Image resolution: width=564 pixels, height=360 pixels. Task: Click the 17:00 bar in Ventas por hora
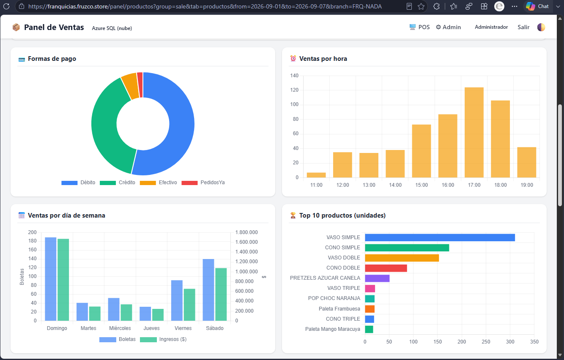point(474,132)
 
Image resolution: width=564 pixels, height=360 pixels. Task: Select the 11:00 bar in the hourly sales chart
point(316,175)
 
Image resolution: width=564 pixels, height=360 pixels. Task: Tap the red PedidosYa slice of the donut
point(140,85)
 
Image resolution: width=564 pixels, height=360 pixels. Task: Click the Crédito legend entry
point(118,183)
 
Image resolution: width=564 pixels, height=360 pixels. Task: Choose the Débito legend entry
point(78,183)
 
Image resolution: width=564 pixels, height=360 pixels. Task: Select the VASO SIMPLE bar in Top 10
point(440,237)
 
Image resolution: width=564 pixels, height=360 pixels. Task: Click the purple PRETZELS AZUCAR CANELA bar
point(377,278)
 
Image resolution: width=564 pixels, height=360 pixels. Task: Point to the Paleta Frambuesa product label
point(339,309)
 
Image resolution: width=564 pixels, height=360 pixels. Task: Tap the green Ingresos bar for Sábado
point(221,295)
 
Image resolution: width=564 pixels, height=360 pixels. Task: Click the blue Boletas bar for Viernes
point(177,300)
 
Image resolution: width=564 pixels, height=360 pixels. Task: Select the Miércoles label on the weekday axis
point(120,328)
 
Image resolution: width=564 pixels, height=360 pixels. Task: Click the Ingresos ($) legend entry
point(163,339)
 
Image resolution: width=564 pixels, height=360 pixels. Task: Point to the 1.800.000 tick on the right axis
point(246,232)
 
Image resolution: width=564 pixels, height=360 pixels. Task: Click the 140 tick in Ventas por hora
point(294,76)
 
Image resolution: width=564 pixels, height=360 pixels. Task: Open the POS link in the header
point(420,27)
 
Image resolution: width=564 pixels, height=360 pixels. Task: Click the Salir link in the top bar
point(523,27)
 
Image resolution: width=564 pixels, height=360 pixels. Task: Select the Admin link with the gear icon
point(449,27)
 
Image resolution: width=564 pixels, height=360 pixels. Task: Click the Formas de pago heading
point(52,59)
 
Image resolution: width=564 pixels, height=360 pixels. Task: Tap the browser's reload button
point(6,6)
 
